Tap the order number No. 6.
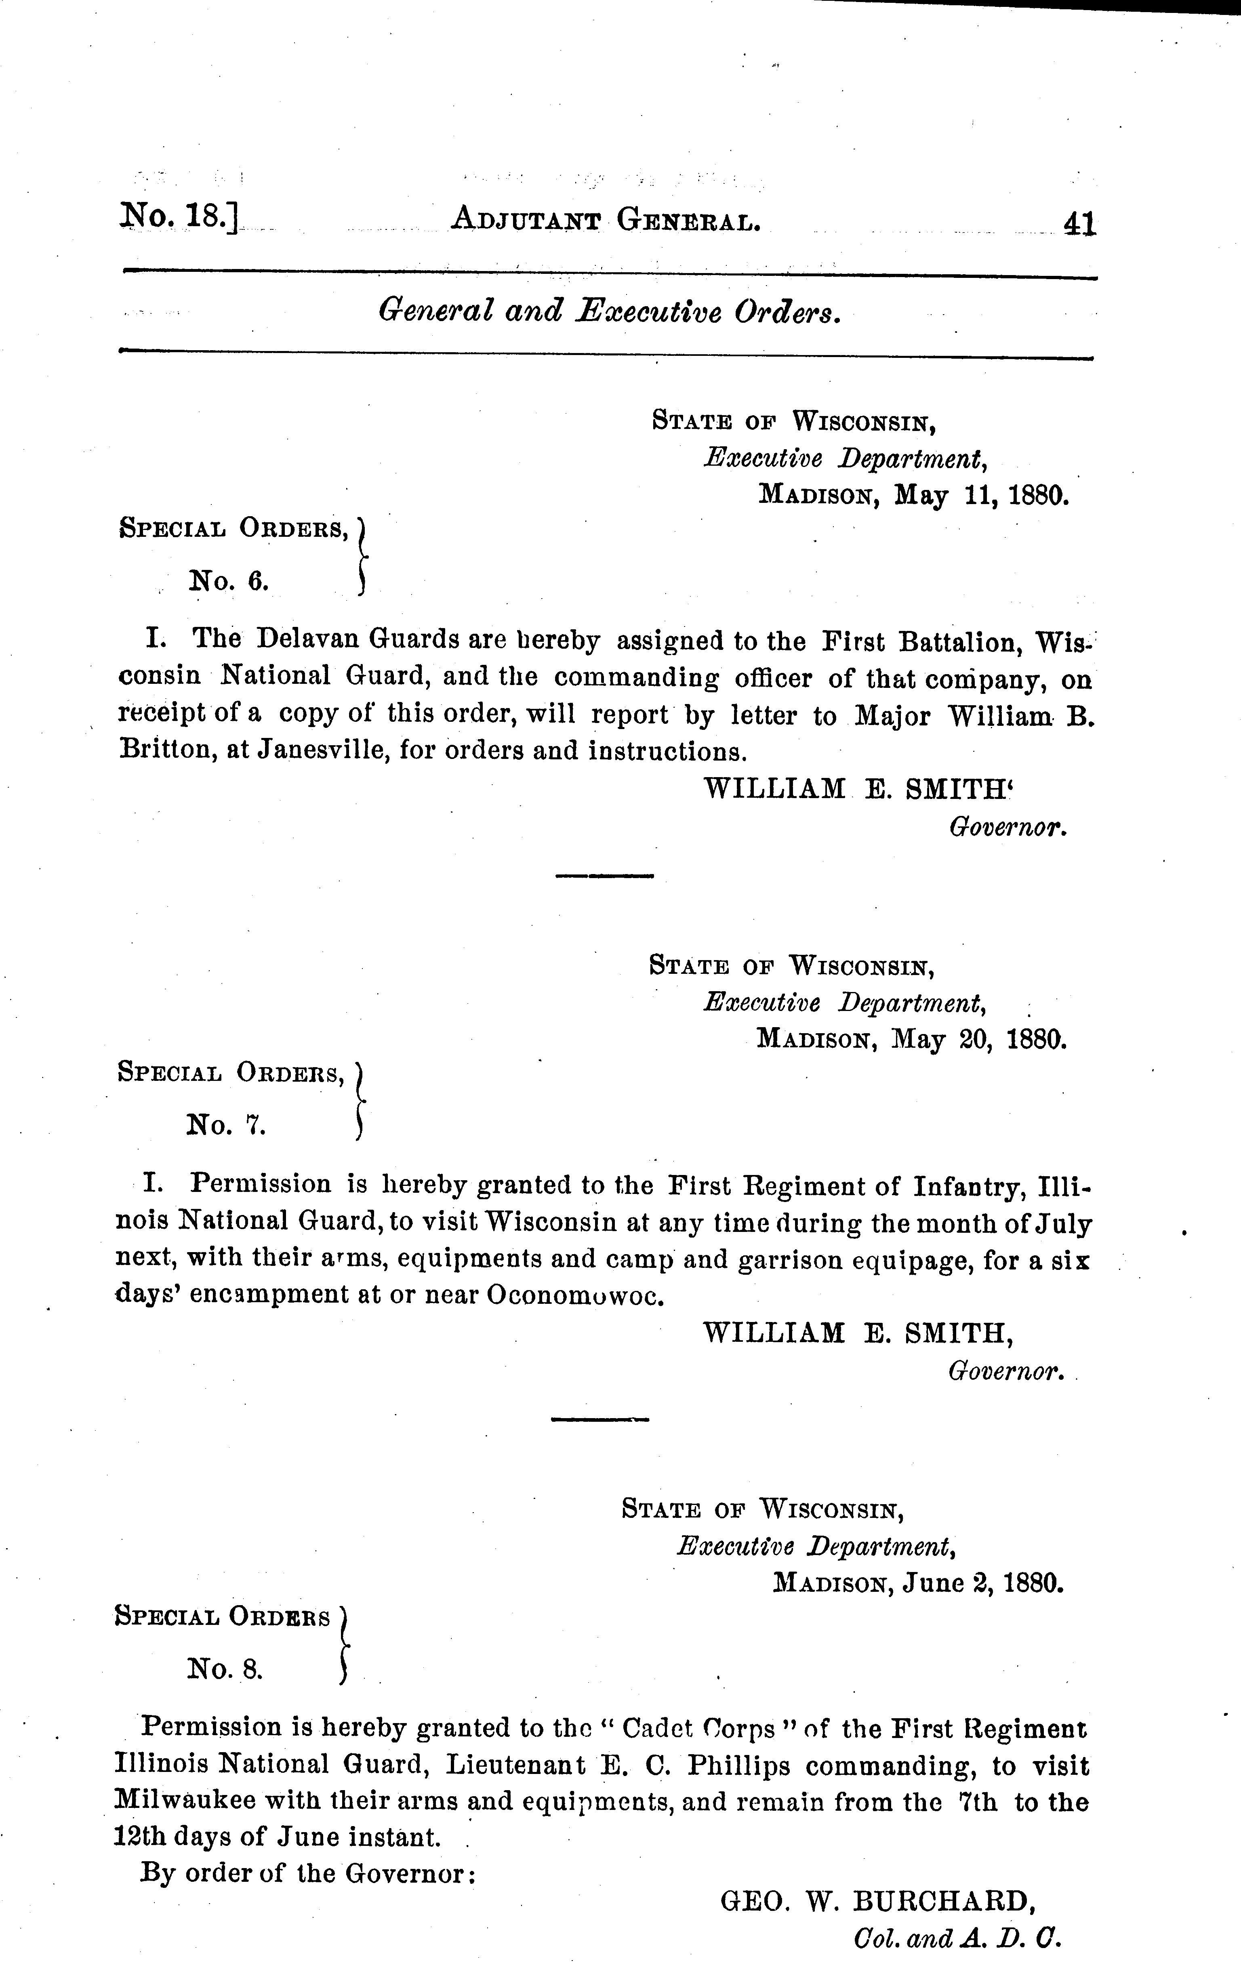click(228, 582)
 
